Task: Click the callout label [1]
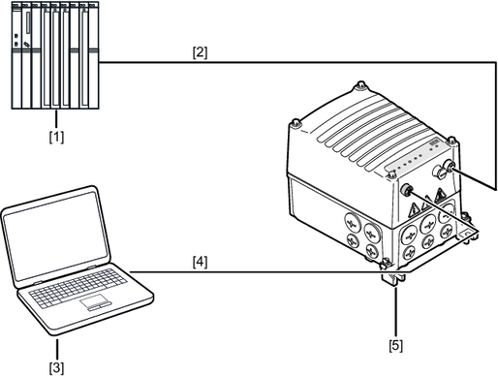(56, 137)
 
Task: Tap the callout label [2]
(200, 52)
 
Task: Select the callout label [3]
(56, 367)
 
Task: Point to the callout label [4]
(200, 262)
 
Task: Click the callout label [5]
(396, 345)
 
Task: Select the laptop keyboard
(78, 287)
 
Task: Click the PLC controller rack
(55, 55)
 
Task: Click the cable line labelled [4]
(270, 272)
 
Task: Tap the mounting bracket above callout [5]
(394, 278)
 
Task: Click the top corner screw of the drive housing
(361, 86)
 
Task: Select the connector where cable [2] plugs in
(449, 166)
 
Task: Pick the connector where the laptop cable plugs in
(406, 189)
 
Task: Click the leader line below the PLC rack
(56, 119)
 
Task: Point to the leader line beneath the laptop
(57, 348)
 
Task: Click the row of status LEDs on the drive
(409, 162)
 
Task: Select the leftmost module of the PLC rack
(16, 55)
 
